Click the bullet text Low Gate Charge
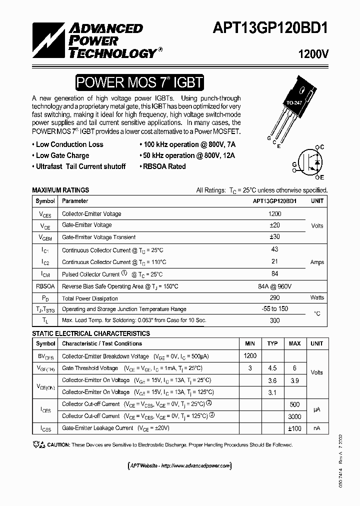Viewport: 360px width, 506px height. coord(62,155)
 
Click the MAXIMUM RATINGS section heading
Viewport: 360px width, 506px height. coord(60,190)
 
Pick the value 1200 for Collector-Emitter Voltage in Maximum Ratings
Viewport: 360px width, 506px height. coord(274,214)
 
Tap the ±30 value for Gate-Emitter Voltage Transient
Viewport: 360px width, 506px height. coord(274,237)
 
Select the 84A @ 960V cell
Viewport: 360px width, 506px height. coord(274,286)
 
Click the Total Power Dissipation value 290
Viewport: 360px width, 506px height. coord(274,298)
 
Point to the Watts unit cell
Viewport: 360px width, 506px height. coord(317,298)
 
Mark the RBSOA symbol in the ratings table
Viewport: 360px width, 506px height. coord(45,286)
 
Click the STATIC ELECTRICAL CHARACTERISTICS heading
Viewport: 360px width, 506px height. coord(91,333)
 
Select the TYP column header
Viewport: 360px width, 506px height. coord(272,343)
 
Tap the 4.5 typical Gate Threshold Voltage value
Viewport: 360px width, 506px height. coord(272,368)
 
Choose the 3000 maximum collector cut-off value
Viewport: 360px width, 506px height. coord(294,416)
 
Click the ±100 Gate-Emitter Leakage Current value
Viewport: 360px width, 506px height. coord(294,428)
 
